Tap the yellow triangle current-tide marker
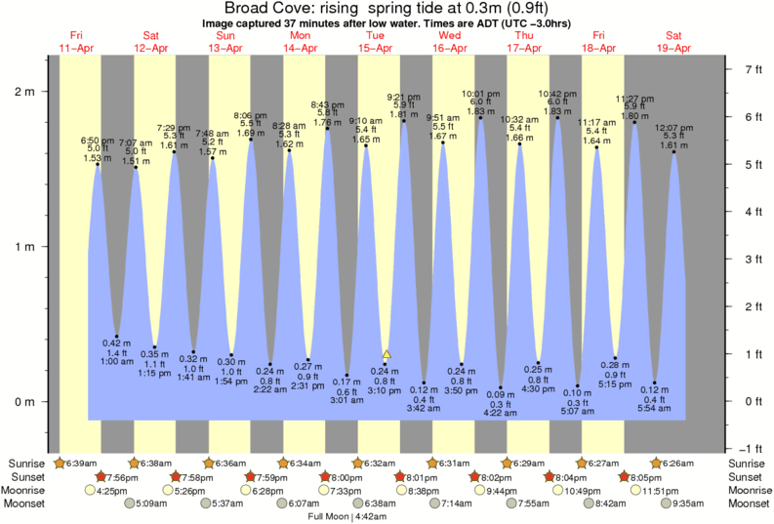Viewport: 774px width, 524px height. (387, 354)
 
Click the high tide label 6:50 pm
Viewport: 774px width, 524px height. (98, 141)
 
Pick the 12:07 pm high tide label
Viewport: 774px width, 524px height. (673, 127)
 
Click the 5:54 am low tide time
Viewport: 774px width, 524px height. (655, 408)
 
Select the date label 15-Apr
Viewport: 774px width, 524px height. (376, 48)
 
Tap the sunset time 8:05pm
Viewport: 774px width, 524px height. (646, 477)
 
